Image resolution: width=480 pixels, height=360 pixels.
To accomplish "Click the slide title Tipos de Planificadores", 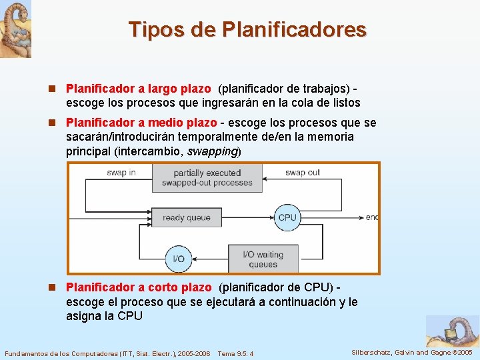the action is (x=247, y=30).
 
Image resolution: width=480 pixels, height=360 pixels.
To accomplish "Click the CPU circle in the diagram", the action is (x=287, y=217).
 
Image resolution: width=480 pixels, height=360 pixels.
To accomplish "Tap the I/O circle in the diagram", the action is (x=179, y=259).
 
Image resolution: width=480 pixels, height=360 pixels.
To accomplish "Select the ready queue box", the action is (x=186, y=217).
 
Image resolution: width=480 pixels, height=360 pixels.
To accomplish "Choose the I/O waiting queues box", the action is (x=263, y=259).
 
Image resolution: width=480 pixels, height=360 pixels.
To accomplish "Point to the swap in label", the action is (x=121, y=173).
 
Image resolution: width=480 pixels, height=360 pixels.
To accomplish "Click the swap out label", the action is (x=303, y=173).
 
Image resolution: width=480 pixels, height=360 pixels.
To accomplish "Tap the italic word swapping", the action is (x=212, y=151).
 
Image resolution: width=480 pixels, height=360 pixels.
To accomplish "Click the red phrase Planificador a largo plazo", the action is (x=138, y=89).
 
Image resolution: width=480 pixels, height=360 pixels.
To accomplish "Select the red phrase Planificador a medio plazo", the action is (x=141, y=123).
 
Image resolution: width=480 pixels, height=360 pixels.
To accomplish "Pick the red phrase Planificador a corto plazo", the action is (x=139, y=287).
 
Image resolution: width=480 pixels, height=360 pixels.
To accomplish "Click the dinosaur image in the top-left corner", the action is (x=15, y=29).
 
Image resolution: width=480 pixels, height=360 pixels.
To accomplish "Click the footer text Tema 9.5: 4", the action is (x=235, y=353).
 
